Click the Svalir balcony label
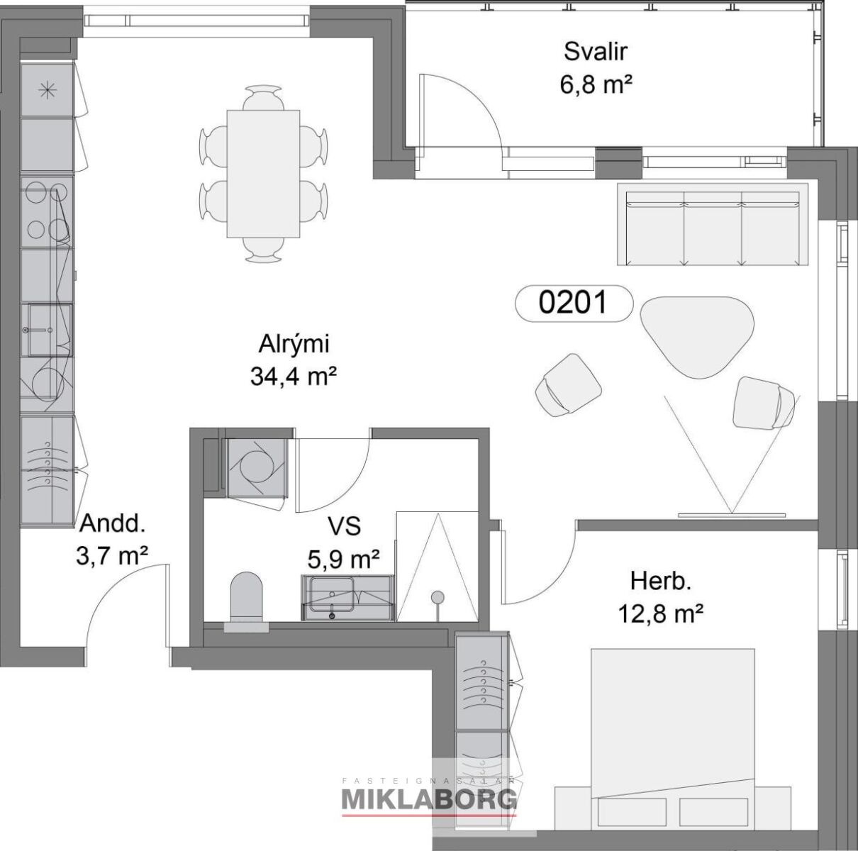click(596, 52)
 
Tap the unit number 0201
click(573, 303)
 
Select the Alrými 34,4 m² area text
click(294, 360)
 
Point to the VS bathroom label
click(344, 526)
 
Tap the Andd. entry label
click(112, 523)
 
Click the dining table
click(263, 174)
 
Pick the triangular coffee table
click(697, 337)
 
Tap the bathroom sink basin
click(332, 594)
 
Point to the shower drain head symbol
click(438, 596)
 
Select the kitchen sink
click(50, 330)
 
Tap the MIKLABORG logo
click(429, 800)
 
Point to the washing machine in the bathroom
click(255, 467)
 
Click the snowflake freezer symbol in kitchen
click(48, 90)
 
